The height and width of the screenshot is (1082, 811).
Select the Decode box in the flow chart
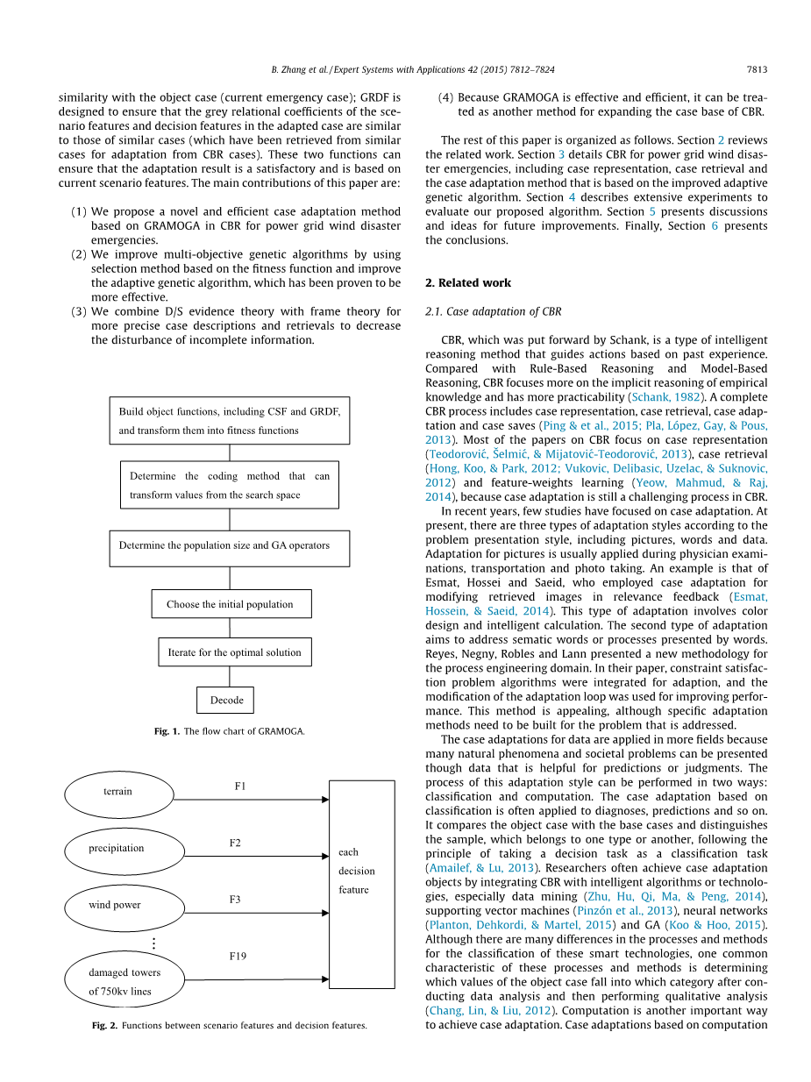click(x=225, y=701)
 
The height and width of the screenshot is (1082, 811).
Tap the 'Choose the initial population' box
click(x=230, y=604)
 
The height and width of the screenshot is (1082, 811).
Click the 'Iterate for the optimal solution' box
click(x=234, y=652)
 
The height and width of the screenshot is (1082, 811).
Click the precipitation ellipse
click(x=124, y=849)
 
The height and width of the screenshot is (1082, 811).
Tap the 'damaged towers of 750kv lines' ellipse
click(x=124, y=981)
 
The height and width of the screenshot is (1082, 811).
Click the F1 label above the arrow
click(x=240, y=787)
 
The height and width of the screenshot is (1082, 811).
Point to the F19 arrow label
click(x=238, y=957)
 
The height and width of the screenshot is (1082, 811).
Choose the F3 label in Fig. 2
click(x=235, y=900)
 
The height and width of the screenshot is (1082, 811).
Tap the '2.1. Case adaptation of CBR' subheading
click(x=494, y=312)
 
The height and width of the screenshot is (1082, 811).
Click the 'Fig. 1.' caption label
click(x=166, y=731)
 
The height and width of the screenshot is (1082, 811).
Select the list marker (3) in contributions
click(x=78, y=311)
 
